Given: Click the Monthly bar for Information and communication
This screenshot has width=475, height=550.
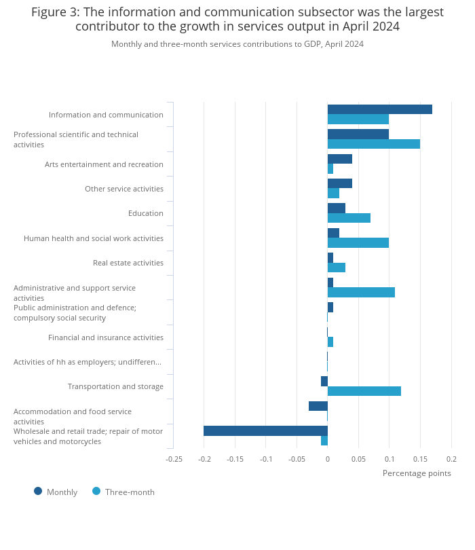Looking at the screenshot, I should [379, 109].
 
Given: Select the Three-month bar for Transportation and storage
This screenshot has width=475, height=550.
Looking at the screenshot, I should [364, 391].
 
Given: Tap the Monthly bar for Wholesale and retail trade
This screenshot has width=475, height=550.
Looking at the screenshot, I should [265, 430].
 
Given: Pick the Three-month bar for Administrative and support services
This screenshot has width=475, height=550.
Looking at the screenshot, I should [361, 292].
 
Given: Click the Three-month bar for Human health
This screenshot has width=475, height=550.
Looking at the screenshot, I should [358, 243].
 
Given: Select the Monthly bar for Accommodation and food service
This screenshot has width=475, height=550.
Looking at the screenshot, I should [318, 406].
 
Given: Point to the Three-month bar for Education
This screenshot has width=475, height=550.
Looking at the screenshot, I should [349, 218].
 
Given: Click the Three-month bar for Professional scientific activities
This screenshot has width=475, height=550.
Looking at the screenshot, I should [373, 144].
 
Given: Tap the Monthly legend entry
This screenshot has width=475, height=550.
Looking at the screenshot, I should [56, 492].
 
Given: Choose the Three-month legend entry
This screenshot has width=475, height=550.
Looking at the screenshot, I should [123, 492].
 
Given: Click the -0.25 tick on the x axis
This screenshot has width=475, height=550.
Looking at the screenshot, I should [174, 459].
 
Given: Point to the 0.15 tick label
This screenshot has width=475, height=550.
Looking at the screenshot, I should [420, 459].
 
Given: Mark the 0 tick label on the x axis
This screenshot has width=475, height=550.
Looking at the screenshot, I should [328, 459].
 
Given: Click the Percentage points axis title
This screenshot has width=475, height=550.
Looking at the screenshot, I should [417, 473].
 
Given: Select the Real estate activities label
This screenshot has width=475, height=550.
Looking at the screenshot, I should [128, 263].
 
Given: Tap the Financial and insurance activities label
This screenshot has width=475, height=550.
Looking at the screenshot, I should [106, 337].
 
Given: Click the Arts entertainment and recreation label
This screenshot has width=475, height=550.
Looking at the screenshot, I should [104, 164].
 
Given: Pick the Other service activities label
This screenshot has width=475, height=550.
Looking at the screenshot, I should [124, 189].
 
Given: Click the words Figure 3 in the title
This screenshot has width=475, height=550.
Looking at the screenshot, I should [54, 12].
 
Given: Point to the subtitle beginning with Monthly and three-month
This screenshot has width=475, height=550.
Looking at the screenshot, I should [237, 44].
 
